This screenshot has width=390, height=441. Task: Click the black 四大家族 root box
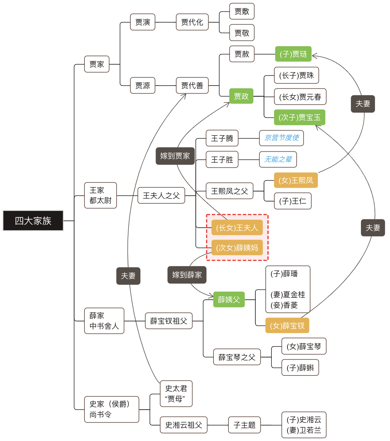(x=33, y=220)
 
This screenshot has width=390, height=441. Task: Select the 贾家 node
(x=97, y=64)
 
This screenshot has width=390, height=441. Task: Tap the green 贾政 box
(x=241, y=96)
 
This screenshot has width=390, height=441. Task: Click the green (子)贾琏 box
(x=293, y=54)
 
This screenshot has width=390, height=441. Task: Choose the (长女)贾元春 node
(x=300, y=97)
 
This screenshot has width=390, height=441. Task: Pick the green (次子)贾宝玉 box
(x=300, y=117)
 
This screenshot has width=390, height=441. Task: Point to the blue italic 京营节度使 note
(x=281, y=138)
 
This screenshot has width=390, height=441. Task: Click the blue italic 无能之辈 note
(x=278, y=159)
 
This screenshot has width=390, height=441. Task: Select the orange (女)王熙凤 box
(x=296, y=180)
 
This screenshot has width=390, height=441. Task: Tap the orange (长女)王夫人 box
(x=237, y=227)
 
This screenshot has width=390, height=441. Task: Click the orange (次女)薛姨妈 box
(x=237, y=248)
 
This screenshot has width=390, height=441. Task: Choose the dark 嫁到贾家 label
(x=175, y=156)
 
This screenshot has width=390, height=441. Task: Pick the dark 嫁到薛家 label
(x=187, y=275)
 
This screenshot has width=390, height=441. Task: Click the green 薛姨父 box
(x=229, y=299)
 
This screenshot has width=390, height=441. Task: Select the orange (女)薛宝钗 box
(x=287, y=325)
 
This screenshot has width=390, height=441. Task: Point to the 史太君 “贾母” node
(x=176, y=394)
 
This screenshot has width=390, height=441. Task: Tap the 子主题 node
(x=244, y=425)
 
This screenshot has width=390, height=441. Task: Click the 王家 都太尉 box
(x=100, y=195)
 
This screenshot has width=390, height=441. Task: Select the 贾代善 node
(x=192, y=86)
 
